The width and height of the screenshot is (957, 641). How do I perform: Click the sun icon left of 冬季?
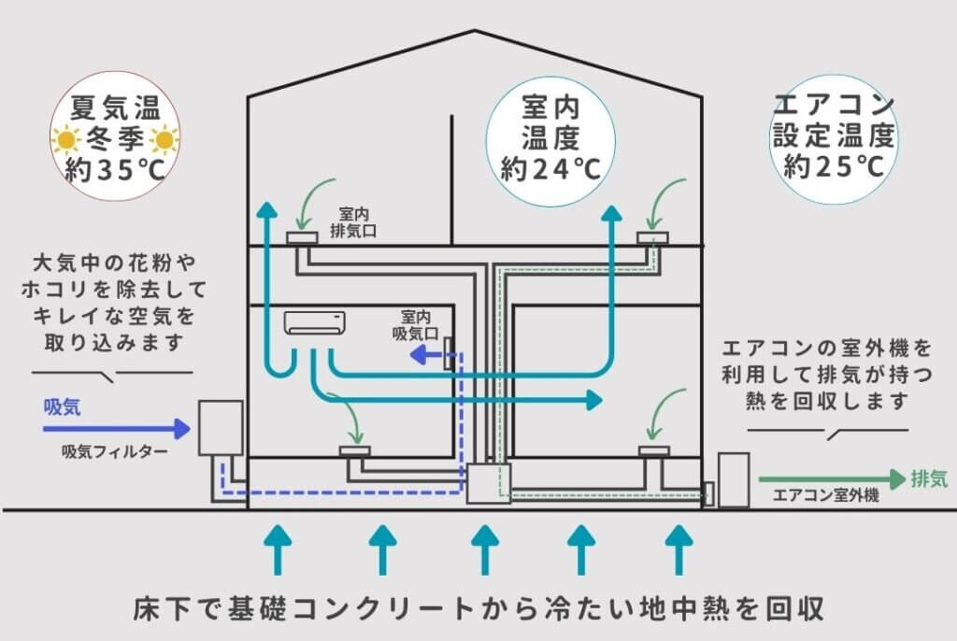[65, 140]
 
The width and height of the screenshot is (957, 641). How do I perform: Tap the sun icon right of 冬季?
[164, 140]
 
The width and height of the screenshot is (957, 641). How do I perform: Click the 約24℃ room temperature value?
[550, 169]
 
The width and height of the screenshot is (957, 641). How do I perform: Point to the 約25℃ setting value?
[834, 165]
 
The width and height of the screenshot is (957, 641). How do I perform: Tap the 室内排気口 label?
[353, 222]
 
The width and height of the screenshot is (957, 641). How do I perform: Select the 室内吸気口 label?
[416, 325]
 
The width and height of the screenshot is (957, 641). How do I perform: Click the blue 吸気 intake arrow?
[117, 429]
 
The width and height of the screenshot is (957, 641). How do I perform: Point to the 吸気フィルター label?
[115, 451]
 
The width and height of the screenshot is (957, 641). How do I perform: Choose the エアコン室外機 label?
[826, 495]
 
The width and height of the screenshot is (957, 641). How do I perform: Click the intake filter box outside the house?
[221, 428]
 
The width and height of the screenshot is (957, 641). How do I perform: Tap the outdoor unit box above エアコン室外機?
[734, 480]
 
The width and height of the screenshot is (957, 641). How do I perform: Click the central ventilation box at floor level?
[488, 483]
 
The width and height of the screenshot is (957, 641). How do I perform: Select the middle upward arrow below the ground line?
[485, 550]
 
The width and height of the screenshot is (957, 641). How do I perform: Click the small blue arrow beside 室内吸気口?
[425, 354]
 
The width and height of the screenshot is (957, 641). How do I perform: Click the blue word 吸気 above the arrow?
[62, 407]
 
